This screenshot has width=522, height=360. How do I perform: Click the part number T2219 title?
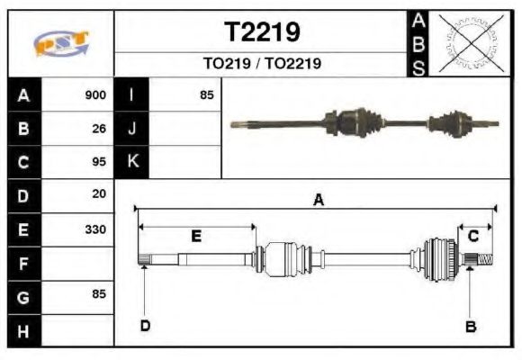click(261, 33)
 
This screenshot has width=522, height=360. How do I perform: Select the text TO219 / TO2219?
click(262, 64)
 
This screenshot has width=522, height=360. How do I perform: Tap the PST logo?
click(61, 43)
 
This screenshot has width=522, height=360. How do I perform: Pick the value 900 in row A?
click(95, 95)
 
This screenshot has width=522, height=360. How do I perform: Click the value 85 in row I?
click(206, 95)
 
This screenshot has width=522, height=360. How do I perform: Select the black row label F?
click(23, 263)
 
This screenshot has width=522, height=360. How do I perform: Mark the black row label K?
click(132, 162)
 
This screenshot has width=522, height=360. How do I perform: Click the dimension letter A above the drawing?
click(317, 201)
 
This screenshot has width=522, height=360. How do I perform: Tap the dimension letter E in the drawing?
click(196, 237)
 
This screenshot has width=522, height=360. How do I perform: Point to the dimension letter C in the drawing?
click(472, 236)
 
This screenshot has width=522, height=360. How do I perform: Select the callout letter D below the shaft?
click(144, 325)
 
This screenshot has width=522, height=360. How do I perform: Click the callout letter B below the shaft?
click(470, 326)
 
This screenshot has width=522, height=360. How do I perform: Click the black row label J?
click(132, 129)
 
